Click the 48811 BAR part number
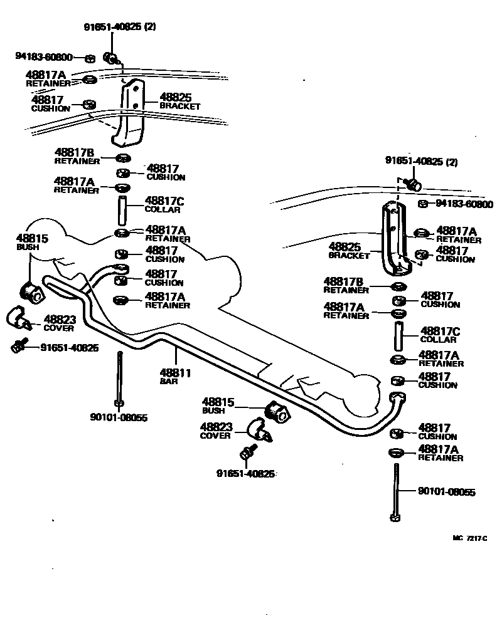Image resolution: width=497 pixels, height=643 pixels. pyautogui.click(x=176, y=373)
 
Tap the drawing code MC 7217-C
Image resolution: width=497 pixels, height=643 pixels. pyautogui.click(x=470, y=538)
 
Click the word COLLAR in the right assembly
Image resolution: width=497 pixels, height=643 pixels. pyautogui.click(x=438, y=340)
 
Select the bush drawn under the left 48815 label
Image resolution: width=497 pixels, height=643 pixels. pyautogui.click(x=31, y=290)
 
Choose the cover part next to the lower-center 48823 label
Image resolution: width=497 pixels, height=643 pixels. pyautogui.click(x=259, y=431)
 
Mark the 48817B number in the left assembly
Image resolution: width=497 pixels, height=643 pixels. pyautogui.click(x=74, y=152)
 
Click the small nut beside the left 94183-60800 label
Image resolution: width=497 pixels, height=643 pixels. pyautogui.click(x=89, y=58)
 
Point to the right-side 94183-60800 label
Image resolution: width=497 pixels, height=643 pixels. pyautogui.click(x=464, y=204)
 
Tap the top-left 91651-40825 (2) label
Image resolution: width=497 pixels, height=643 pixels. pyautogui.click(x=119, y=27)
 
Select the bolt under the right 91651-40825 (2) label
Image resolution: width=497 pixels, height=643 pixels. pyautogui.click(x=414, y=184)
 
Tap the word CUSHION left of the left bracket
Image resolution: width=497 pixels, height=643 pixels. pyautogui.click(x=51, y=108)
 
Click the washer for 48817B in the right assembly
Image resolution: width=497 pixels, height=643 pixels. pyautogui.click(x=397, y=287)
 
